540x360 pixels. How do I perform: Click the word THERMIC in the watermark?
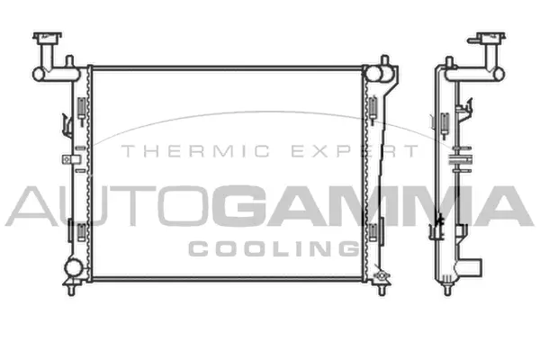click(181, 150)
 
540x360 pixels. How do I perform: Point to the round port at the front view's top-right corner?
click(384, 67)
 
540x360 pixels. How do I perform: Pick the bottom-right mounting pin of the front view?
click(379, 286)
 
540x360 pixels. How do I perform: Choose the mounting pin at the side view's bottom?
click(445, 287)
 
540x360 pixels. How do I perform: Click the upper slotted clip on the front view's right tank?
click(372, 103)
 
